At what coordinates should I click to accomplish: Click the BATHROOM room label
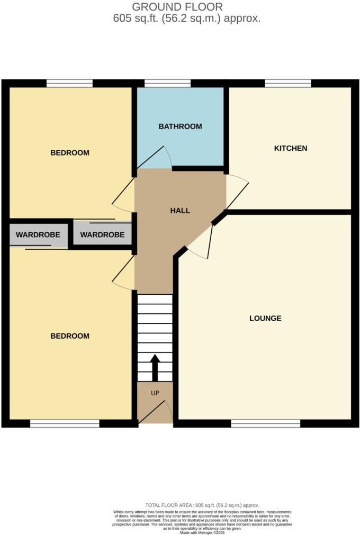tap(180, 126)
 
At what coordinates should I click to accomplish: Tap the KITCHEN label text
tap(290, 148)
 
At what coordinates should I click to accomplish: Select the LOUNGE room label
tap(265, 318)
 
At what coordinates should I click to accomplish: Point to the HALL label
tap(180, 211)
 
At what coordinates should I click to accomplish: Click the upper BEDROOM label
tap(70, 153)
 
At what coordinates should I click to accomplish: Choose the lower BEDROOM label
tap(70, 336)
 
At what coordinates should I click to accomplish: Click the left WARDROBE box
tap(38, 235)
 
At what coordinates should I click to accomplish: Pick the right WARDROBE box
tap(102, 235)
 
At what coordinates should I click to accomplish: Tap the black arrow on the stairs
tap(155, 367)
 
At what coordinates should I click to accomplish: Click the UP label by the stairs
tap(155, 393)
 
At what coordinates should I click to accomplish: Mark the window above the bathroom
tap(167, 83)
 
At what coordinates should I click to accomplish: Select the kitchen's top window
tap(288, 83)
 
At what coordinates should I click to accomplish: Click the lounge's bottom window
tap(265, 423)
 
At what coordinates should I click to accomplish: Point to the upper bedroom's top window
tap(69, 83)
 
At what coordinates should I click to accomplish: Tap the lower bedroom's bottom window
tap(65, 423)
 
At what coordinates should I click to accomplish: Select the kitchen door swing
tap(237, 191)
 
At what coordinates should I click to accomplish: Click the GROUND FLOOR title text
tap(177, 7)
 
